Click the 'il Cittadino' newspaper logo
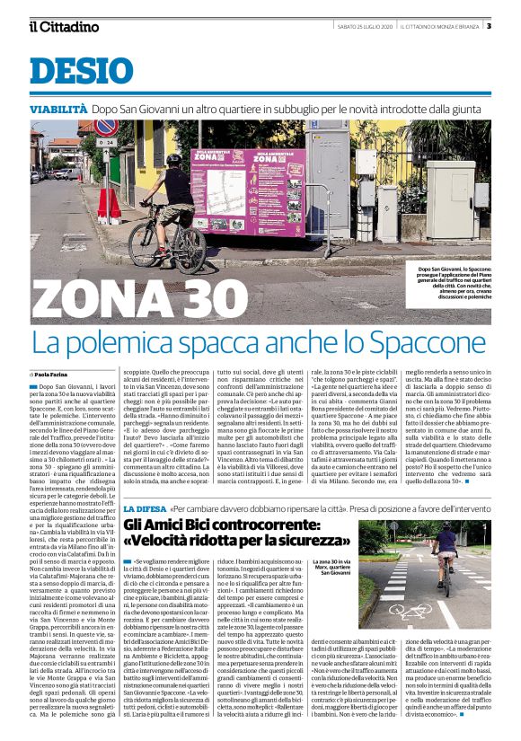[64, 26]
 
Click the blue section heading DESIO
[82, 71]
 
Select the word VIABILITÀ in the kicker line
[58, 108]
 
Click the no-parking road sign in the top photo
[106, 141]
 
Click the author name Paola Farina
[56, 373]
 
